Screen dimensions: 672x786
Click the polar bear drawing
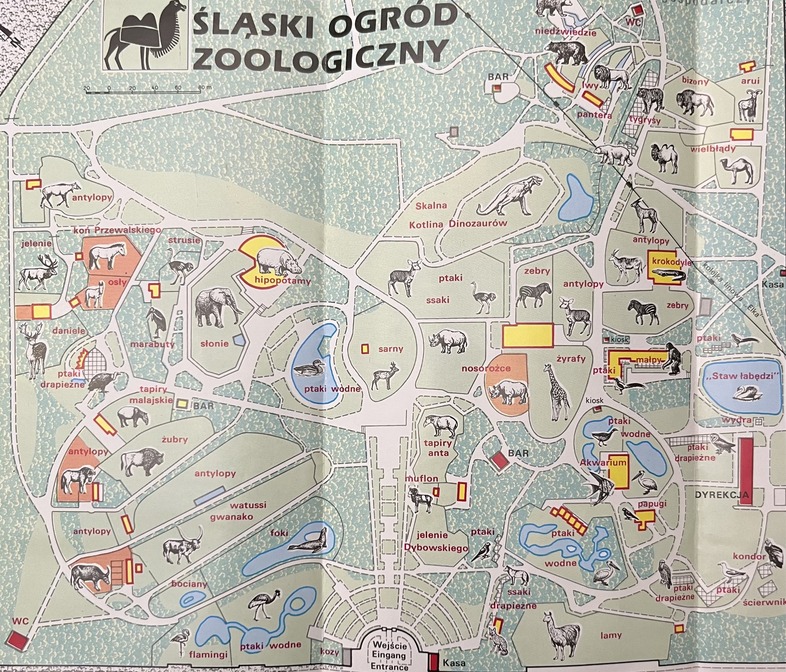pos(613,153)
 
